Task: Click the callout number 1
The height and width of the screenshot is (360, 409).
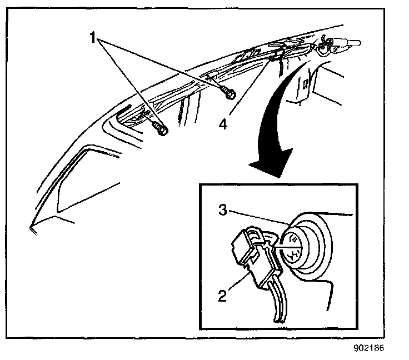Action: (x=94, y=38)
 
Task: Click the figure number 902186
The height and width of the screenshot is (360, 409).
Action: (x=368, y=349)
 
